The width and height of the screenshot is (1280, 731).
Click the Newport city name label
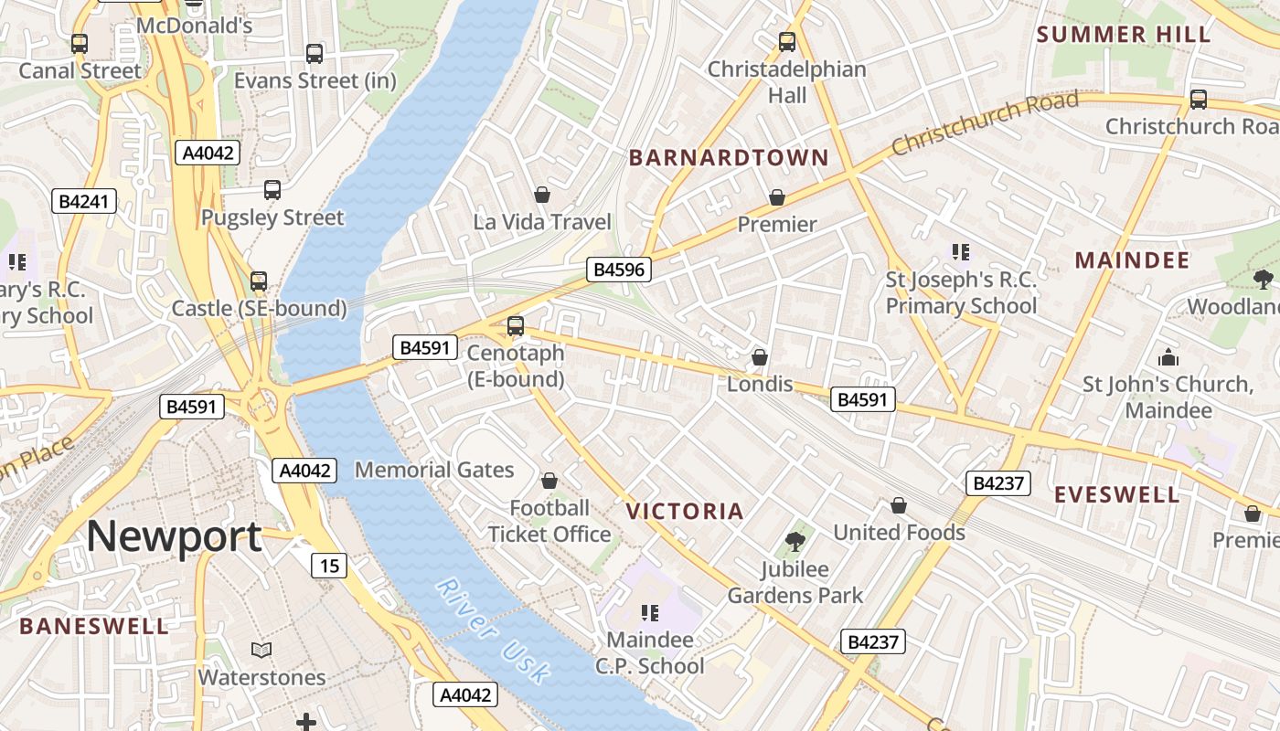tap(174, 536)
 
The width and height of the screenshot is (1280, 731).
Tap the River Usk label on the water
tap(494, 630)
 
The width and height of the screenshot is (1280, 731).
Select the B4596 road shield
tap(619, 270)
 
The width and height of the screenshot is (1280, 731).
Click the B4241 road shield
tap(84, 202)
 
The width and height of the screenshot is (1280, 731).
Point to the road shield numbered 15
tap(329, 566)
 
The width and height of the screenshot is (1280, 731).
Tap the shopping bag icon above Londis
tap(759, 357)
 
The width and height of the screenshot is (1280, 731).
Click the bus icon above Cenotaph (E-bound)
tap(516, 325)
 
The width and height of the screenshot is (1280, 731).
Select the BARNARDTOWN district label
tap(729, 158)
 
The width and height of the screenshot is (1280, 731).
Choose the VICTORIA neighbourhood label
tap(685, 511)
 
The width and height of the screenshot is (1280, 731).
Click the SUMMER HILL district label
tap(1124, 35)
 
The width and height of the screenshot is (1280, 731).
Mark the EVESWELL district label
tap(1117, 495)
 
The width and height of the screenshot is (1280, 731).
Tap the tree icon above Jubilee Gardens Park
tap(795, 542)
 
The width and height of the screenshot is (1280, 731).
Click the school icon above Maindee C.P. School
tap(650, 612)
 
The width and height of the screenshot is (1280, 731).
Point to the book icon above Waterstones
tap(261, 651)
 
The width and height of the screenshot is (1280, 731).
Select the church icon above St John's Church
tap(1168, 357)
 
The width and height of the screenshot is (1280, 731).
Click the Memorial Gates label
tap(434, 471)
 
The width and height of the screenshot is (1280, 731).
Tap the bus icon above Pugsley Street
tap(272, 190)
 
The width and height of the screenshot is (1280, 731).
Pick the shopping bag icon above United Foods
tap(899, 505)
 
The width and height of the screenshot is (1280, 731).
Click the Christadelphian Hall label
tap(787, 82)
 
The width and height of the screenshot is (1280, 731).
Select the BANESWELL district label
tap(94, 627)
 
